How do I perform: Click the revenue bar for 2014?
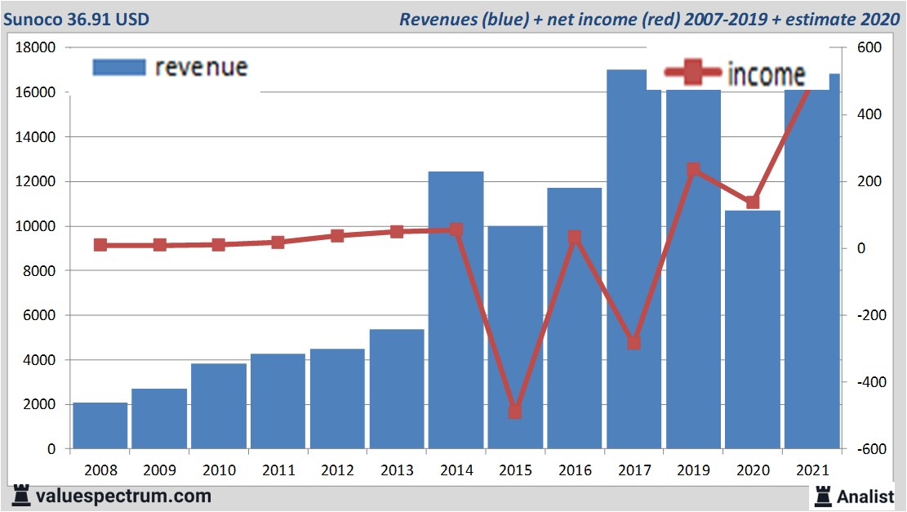(x=456, y=310)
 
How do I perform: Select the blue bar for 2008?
(x=100, y=425)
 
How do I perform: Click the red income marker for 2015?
(x=515, y=412)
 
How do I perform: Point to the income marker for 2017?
(x=634, y=343)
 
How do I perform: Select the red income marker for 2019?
(x=693, y=170)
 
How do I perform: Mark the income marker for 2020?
(x=753, y=202)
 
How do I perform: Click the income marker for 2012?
(x=337, y=236)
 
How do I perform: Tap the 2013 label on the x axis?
(x=397, y=470)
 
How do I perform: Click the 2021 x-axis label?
(x=811, y=470)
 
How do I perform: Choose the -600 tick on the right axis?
(x=867, y=449)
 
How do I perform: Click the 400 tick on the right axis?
(x=867, y=115)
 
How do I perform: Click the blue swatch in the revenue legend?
(x=119, y=67)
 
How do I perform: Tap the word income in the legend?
(x=766, y=75)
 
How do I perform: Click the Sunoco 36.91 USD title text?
(x=77, y=19)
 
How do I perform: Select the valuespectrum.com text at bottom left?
(x=123, y=496)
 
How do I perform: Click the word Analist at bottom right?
(x=865, y=496)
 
